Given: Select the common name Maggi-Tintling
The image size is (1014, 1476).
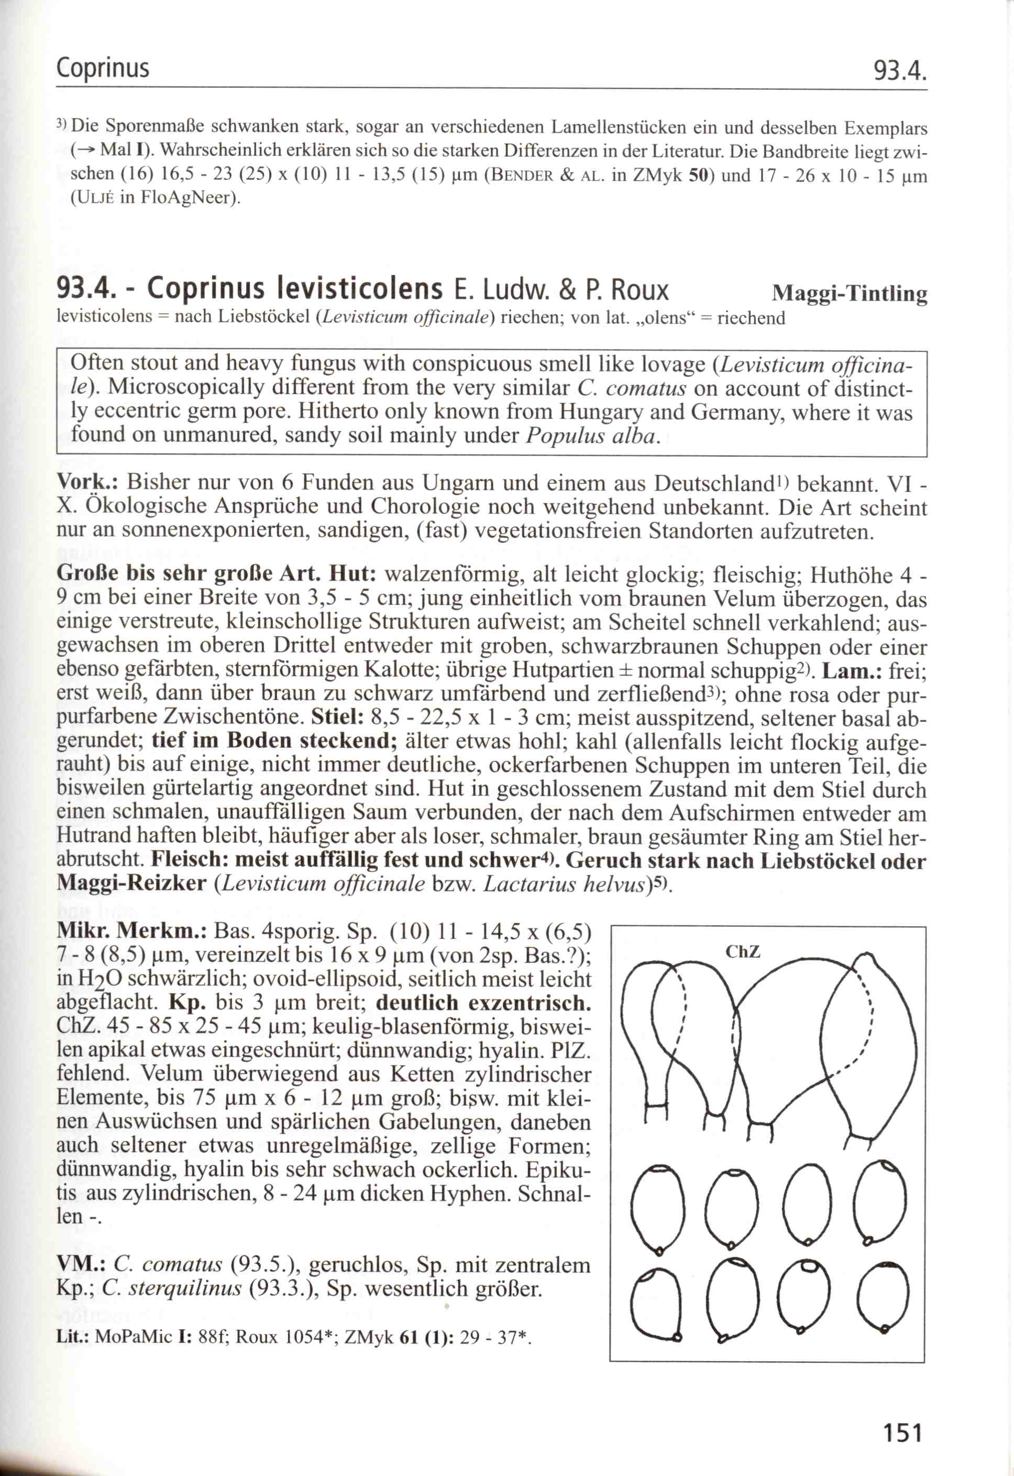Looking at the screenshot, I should pos(849,293).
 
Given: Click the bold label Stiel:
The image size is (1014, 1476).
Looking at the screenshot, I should pos(337,718).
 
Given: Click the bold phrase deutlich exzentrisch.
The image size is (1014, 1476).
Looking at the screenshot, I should pos(483,1003).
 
